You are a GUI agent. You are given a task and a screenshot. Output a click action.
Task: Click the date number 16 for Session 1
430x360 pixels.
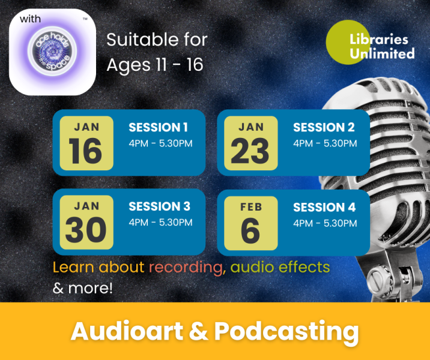click(x=85, y=151)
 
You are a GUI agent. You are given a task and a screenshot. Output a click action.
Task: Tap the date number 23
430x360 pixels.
click(x=250, y=151)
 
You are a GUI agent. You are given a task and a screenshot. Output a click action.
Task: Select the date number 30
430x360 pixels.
click(x=86, y=230)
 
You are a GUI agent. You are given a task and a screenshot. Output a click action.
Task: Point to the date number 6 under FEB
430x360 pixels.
click(x=250, y=230)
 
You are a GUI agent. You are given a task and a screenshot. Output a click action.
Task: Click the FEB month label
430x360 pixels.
click(x=251, y=207)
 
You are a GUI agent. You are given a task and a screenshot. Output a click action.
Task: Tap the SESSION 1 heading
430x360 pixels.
click(x=158, y=127)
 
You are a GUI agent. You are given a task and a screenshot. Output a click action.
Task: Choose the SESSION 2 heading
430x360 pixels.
click(x=324, y=127)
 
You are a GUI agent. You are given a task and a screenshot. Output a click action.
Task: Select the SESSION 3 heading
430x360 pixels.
click(x=159, y=206)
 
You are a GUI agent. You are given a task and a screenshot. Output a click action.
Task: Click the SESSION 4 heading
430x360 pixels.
click(x=324, y=207)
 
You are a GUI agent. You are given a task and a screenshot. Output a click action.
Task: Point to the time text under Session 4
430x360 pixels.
click(x=326, y=223)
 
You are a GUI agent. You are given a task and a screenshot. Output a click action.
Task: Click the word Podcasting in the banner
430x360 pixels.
click(x=286, y=332)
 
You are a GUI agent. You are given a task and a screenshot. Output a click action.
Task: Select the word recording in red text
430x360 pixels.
click(x=187, y=268)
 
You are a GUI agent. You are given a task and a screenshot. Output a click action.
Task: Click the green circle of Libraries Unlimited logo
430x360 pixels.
click(x=348, y=42)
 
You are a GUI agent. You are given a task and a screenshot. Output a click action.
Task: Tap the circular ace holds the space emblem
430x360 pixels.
click(x=52, y=50)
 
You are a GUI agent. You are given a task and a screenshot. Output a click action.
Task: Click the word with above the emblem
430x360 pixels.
click(x=30, y=19)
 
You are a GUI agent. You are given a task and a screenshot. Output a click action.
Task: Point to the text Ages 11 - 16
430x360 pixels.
click(x=155, y=65)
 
